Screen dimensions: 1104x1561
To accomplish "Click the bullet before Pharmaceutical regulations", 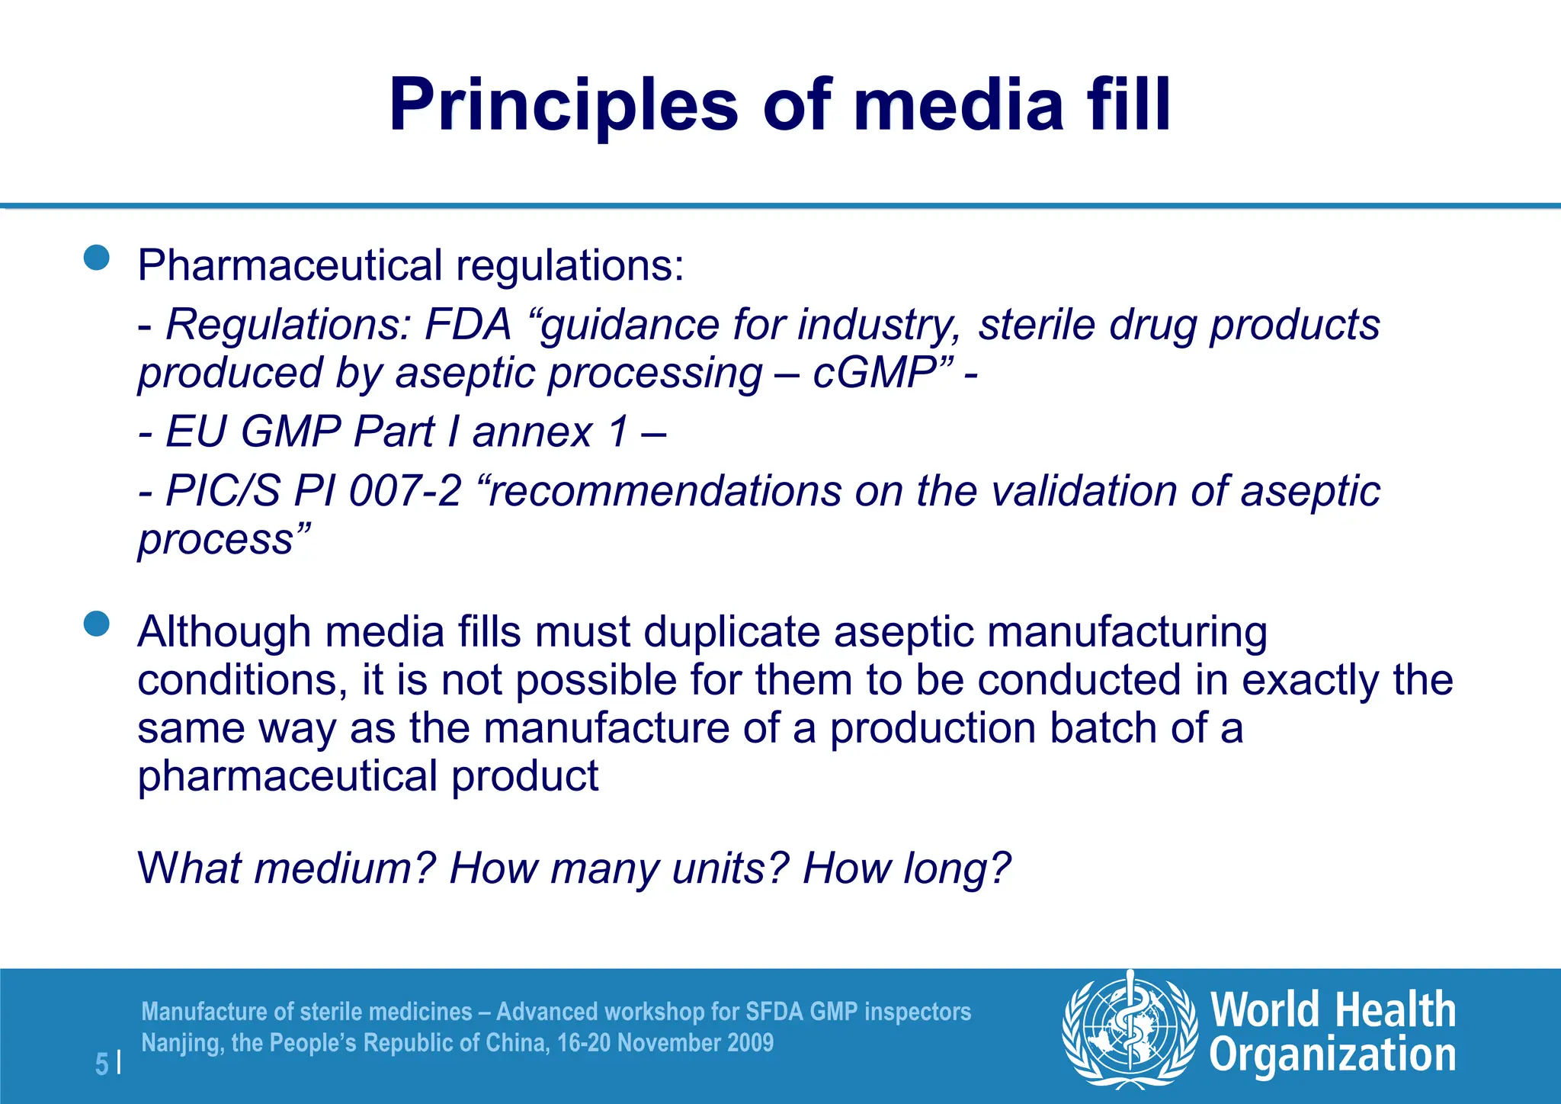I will (x=97, y=258).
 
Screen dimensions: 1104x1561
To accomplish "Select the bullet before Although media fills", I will (x=97, y=624).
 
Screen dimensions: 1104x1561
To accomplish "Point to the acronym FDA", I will (x=467, y=325).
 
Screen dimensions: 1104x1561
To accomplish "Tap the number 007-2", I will (x=405, y=490).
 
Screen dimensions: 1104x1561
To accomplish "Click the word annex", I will (x=532, y=432).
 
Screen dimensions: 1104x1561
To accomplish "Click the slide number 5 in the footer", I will (x=101, y=1064).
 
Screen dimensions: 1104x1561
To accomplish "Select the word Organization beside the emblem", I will (x=1332, y=1056).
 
